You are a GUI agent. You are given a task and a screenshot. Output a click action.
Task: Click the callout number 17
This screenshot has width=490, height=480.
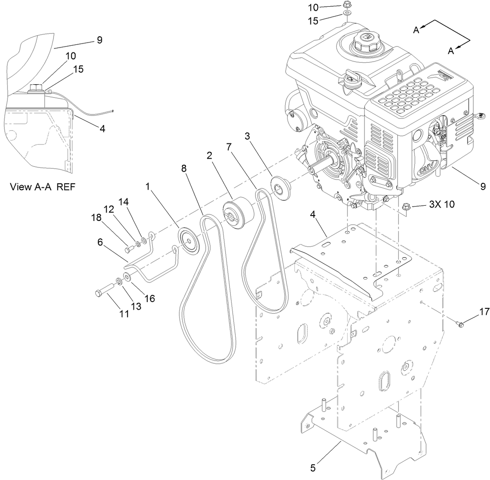(x=484, y=311)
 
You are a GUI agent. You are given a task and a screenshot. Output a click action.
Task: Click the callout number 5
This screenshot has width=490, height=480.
(x=313, y=467)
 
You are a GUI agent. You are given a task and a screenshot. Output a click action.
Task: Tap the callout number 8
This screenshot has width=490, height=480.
(x=185, y=168)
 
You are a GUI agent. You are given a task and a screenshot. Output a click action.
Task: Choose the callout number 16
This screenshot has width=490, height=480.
(x=149, y=298)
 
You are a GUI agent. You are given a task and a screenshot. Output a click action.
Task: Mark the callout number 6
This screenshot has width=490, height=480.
(x=101, y=242)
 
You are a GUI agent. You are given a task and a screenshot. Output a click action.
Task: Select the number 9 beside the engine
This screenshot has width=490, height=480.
(x=482, y=187)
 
